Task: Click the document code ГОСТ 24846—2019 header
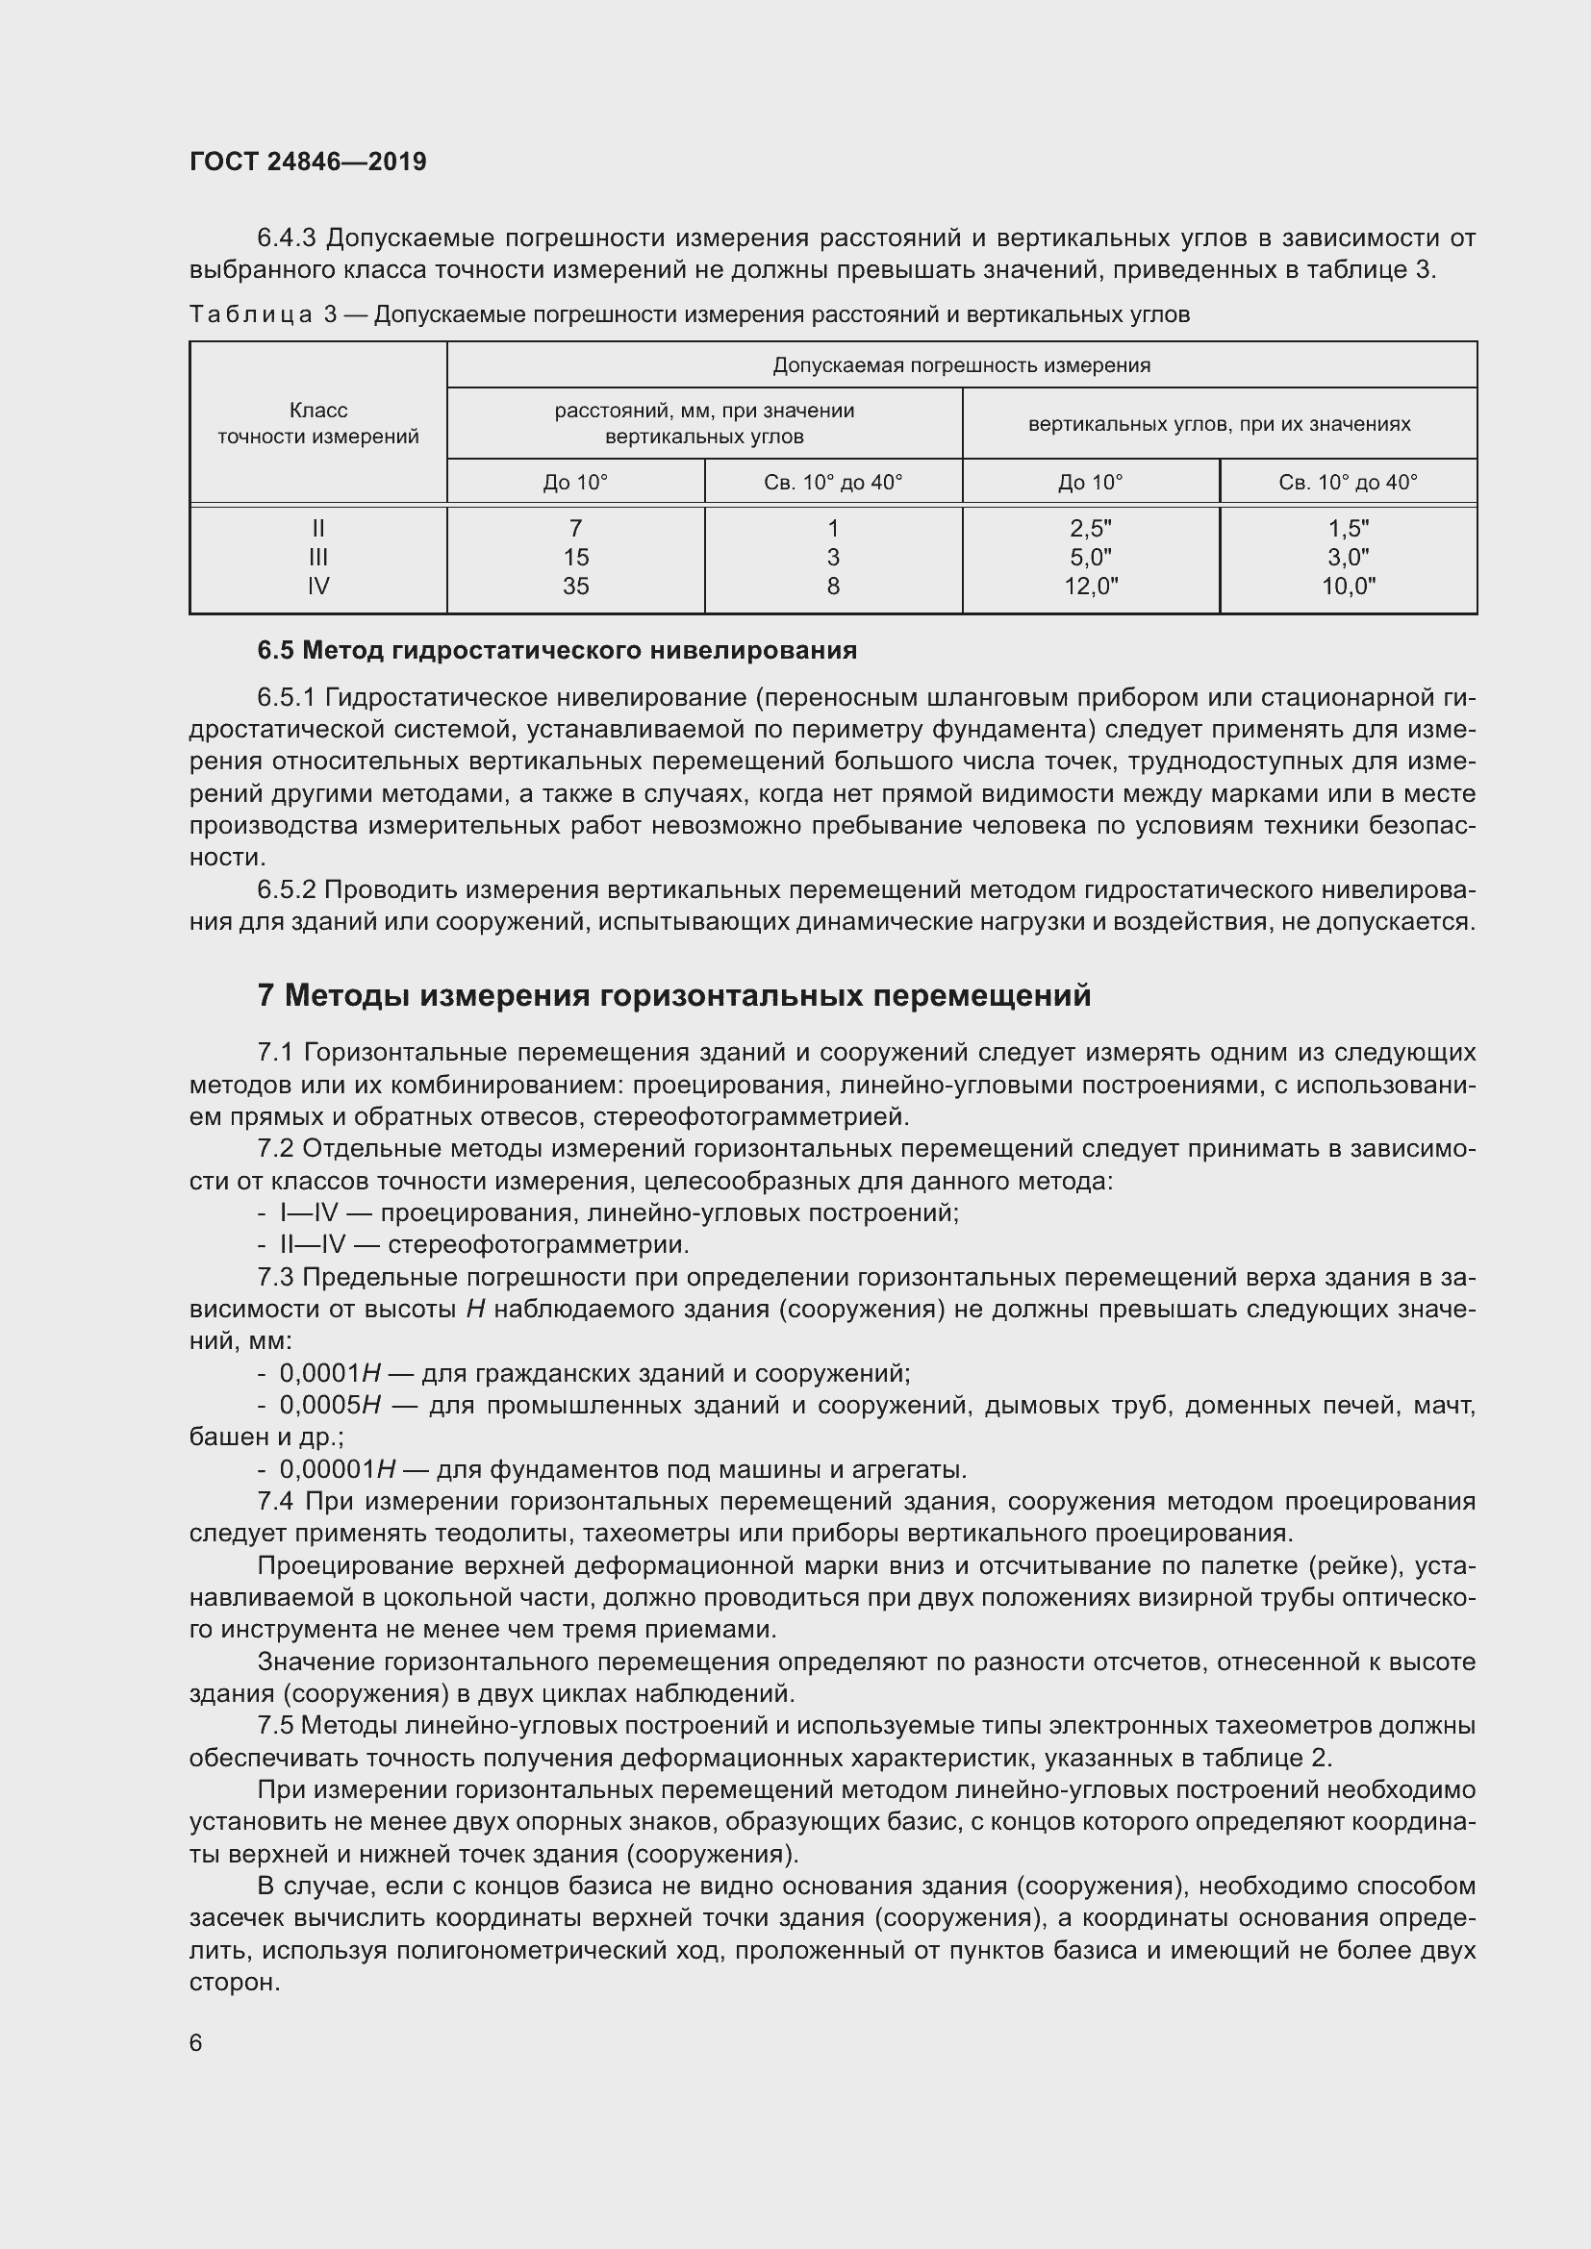pos(308,162)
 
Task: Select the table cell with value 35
pos(575,586)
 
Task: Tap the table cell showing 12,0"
pos(1091,586)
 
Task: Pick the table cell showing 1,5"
pos(1348,528)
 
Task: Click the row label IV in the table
pos(317,586)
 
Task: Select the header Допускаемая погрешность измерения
pos(961,365)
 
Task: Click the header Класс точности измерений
pos(317,423)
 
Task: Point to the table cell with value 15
pos(575,557)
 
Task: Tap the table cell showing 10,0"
pos(1348,586)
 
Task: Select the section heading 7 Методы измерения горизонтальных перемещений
pos(674,995)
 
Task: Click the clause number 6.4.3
pos(286,238)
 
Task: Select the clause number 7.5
pos(275,1725)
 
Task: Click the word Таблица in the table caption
pos(251,314)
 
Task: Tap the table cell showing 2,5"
pos(1091,528)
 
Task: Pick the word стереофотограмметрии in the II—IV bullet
pos(537,1245)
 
